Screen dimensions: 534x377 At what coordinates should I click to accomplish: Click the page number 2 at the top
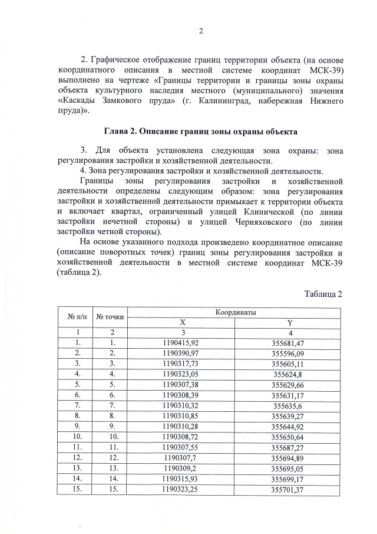[201, 31]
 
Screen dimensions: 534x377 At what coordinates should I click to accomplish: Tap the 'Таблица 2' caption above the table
[323, 294]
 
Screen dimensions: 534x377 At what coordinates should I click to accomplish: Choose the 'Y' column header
[288, 322]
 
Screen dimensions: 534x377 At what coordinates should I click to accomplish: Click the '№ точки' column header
[110, 317]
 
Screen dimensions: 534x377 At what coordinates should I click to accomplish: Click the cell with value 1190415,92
[181, 343]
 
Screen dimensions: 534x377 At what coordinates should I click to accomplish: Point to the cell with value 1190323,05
[181, 374]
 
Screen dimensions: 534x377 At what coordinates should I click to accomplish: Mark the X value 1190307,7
[181, 457]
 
